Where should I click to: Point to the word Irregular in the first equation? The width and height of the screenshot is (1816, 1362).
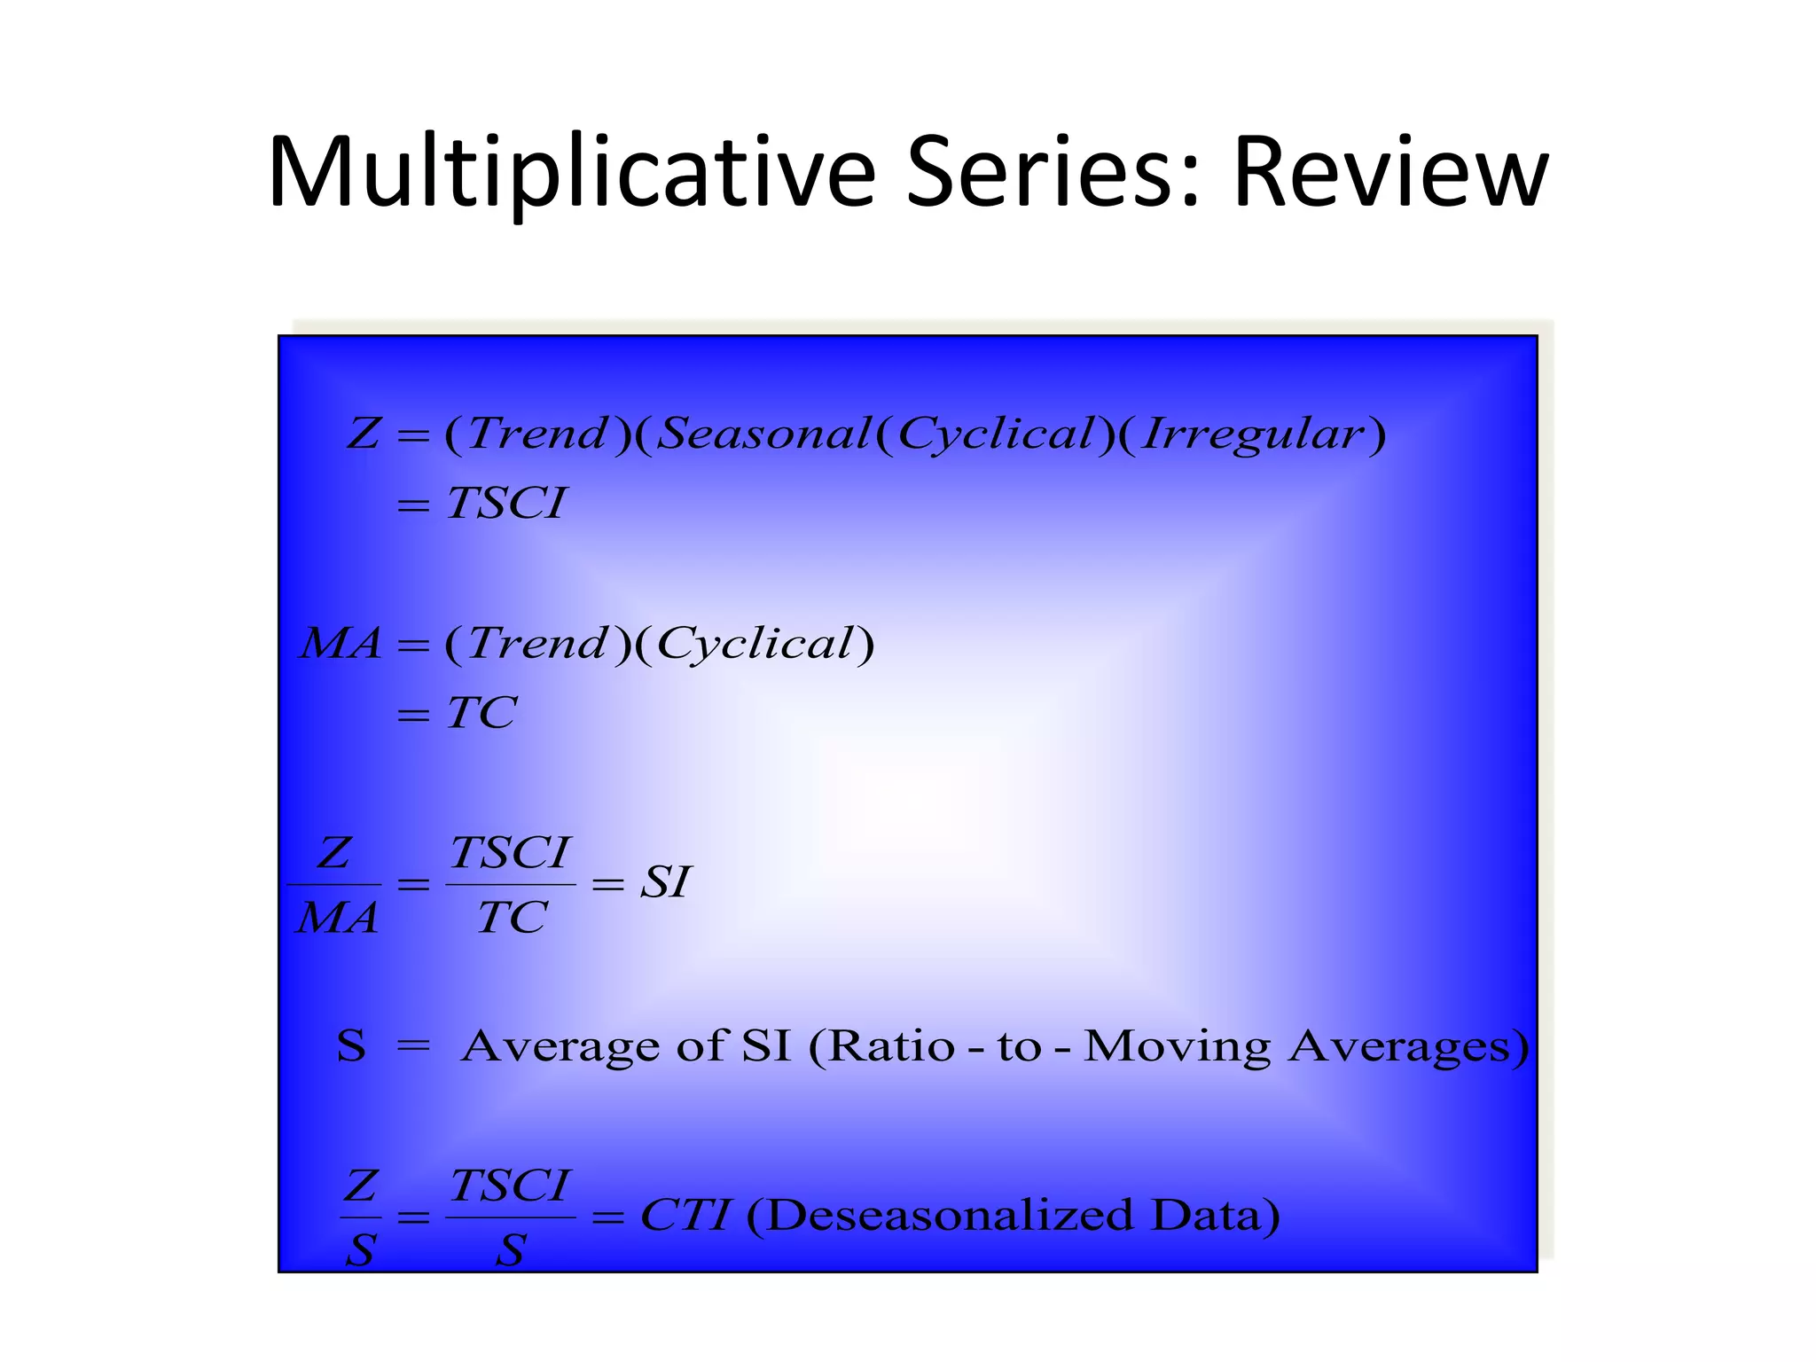tap(1252, 434)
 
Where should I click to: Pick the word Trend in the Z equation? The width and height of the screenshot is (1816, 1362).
tap(537, 434)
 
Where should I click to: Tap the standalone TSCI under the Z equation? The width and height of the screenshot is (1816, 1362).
tap(506, 504)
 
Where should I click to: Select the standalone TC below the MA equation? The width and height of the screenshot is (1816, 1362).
tap(481, 713)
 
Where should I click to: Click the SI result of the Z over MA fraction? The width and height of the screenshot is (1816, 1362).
tap(665, 883)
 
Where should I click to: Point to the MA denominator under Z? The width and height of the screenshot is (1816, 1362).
tap(337, 919)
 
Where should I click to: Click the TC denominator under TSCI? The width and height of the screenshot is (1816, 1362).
tap(511, 919)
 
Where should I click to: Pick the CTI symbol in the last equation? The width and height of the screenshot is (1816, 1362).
tap(685, 1216)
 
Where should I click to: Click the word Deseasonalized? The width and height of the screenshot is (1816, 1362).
tap(950, 1216)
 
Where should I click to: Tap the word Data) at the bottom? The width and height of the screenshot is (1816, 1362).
tap(1216, 1216)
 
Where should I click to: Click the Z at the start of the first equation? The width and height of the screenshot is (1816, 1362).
tap(364, 434)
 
